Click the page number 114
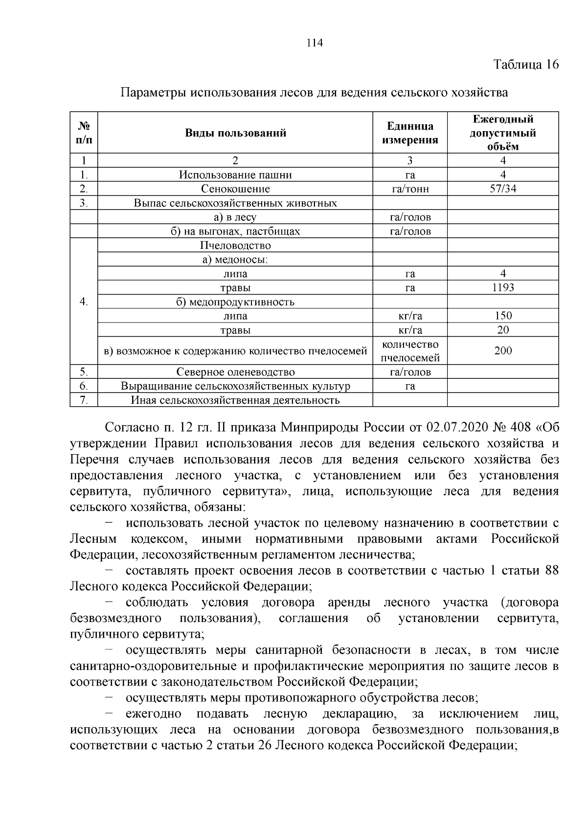[315, 43]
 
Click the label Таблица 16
[526, 65]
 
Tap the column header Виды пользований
[235, 133]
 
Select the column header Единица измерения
[410, 133]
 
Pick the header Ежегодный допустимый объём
[503, 133]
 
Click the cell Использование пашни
[235, 175]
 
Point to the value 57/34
[503, 189]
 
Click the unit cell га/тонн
[410, 189]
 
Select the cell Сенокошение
[235, 189]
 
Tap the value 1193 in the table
[503, 288]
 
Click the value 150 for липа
[503, 316]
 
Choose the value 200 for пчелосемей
[503, 350]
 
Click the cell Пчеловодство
[235, 245]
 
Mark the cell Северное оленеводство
[235, 372]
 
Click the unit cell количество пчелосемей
[410, 351]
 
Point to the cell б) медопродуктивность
[235, 301]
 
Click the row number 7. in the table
[84, 400]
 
